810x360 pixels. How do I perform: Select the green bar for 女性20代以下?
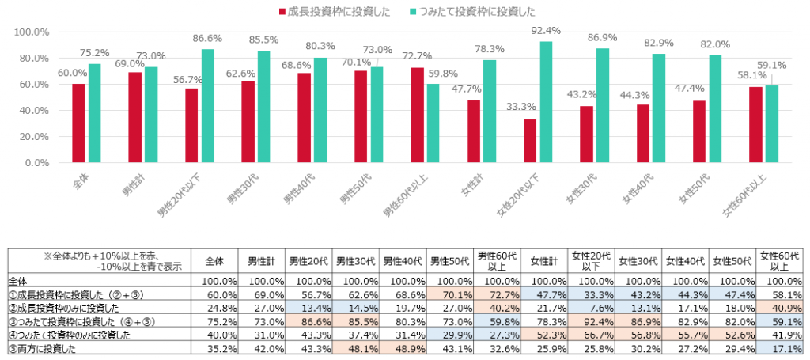pyautogui.click(x=546, y=102)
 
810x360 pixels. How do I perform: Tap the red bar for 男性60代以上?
pyautogui.click(x=417, y=115)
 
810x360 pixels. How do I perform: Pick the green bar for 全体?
pyautogui.click(x=95, y=113)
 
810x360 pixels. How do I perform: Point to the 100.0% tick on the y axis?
pyautogui.click(x=32, y=32)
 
